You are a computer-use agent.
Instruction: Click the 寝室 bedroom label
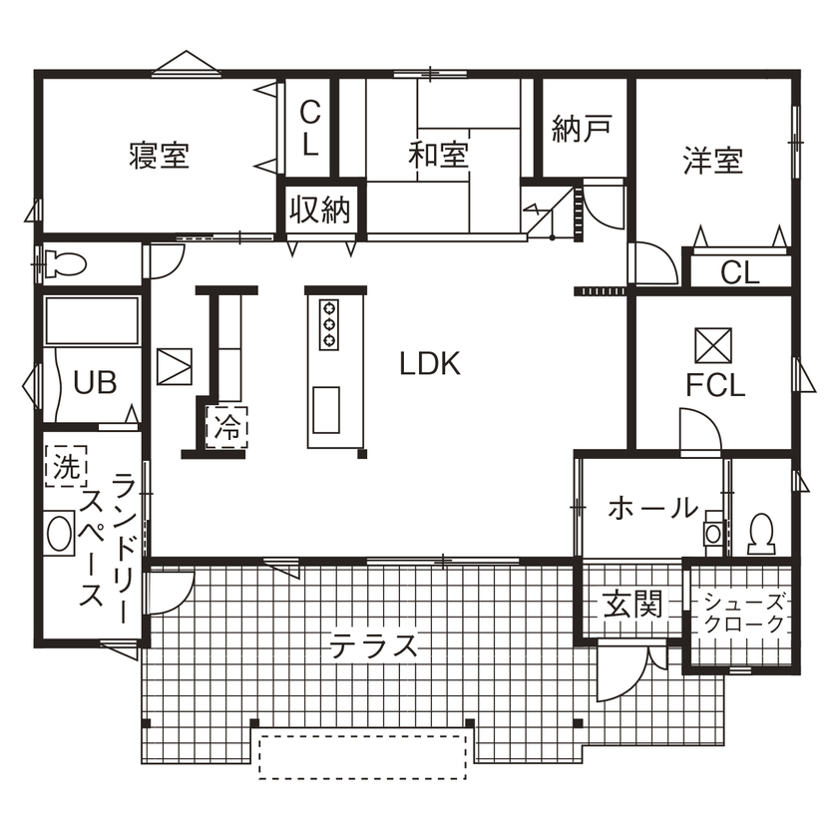point(159,156)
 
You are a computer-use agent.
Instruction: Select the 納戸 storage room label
point(582,131)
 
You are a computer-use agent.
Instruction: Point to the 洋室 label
point(712,161)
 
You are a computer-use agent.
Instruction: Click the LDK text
point(430,364)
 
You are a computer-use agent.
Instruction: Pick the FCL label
point(714,386)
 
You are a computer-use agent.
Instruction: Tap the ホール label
point(652,508)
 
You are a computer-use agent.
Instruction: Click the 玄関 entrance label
point(632,604)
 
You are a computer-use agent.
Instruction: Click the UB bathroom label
point(96,382)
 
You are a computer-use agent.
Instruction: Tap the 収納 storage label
point(320,209)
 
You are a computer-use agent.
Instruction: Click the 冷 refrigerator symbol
point(228,427)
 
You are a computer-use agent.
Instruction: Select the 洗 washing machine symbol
point(66,466)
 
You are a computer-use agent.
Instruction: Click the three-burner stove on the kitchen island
point(328,323)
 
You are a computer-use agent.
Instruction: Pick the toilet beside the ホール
point(760,533)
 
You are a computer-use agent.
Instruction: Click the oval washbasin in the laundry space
point(61,531)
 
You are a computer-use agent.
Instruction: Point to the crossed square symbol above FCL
point(714,344)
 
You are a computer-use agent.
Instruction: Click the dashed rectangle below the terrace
point(363,756)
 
